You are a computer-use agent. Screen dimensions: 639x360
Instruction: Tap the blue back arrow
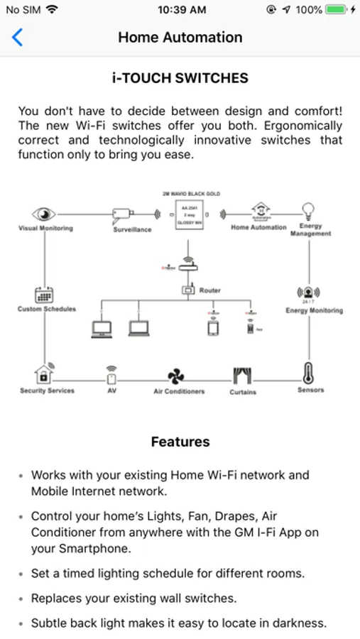(18, 38)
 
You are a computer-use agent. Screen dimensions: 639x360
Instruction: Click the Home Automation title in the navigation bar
(180, 38)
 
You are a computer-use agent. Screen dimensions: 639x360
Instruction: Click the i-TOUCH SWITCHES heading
(180, 79)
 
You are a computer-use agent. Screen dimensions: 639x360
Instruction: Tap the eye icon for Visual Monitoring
(44, 214)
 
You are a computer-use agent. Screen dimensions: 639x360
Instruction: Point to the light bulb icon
(308, 211)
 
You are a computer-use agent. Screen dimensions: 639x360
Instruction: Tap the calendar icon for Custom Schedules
(44, 294)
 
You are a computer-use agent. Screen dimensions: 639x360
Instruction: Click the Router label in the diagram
(209, 290)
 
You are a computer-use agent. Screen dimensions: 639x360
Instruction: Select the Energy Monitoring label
(314, 310)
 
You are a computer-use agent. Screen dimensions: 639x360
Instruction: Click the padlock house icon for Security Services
(44, 373)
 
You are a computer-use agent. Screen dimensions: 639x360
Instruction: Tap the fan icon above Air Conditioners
(175, 376)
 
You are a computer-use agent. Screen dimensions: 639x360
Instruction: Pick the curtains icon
(243, 376)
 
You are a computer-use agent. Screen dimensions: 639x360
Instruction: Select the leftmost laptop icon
(102, 329)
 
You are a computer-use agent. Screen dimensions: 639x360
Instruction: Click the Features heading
(180, 442)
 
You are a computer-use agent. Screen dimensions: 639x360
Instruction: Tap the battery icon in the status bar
(336, 10)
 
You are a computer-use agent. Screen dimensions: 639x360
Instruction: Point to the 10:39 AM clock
(182, 10)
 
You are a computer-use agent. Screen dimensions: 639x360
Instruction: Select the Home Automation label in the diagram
(258, 228)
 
